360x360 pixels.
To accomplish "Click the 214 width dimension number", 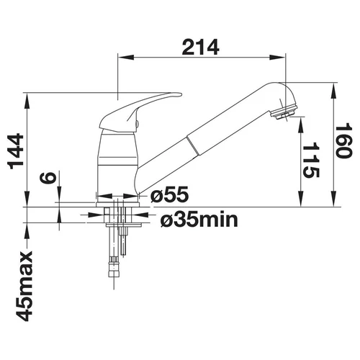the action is (x=200, y=47).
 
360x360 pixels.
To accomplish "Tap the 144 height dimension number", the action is (x=16, y=151).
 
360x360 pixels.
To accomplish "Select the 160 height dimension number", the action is (x=343, y=140).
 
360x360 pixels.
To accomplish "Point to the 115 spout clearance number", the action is (x=311, y=160).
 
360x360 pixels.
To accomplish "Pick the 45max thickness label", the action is (x=24, y=286).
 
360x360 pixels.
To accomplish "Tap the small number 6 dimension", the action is (x=48, y=178).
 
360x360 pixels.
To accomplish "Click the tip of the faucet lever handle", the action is (x=181, y=95).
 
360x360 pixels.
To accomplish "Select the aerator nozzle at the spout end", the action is (x=284, y=112).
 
